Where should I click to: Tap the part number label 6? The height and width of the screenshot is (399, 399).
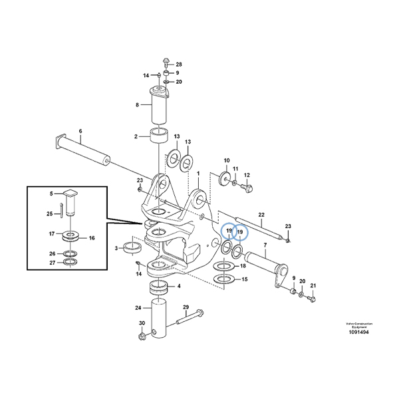(80, 131)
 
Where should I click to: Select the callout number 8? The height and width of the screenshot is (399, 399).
(137, 104)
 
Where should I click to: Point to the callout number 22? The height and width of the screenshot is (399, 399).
(262, 214)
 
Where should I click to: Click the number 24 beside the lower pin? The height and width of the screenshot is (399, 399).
(138, 309)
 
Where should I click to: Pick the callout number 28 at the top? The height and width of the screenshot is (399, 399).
(178, 63)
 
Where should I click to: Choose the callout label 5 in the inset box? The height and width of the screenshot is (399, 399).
(50, 194)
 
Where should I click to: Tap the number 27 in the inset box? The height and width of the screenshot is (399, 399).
(52, 263)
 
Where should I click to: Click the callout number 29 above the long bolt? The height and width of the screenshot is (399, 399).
(186, 307)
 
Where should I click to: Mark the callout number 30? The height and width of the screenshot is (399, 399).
(141, 323)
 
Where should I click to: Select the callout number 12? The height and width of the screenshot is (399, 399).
(247, 175)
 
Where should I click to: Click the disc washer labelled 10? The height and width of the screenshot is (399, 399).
(223, 179)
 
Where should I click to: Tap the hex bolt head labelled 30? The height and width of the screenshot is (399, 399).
(142, 336)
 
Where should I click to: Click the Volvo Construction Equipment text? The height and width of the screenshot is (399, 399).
(358, 325)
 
